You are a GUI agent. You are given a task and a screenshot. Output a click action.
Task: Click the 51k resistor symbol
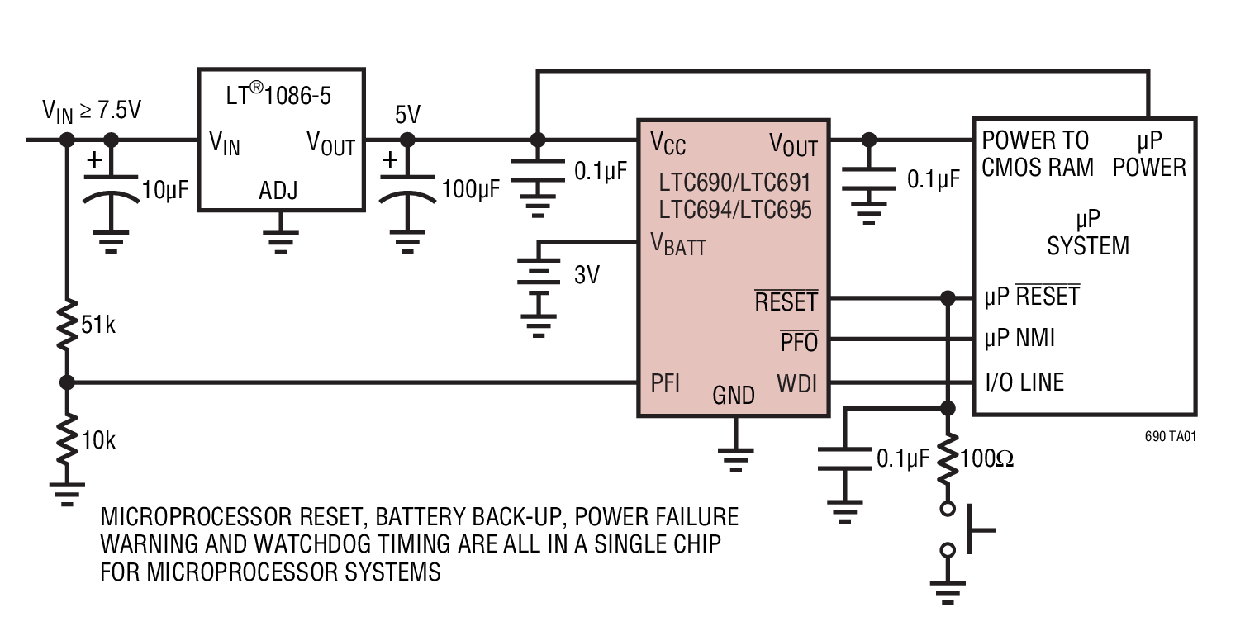click(x=67, y=325)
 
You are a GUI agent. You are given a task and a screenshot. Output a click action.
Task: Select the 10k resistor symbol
click(x=67, y=440)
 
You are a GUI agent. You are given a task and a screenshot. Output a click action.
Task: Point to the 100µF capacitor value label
click(x=471, y=189)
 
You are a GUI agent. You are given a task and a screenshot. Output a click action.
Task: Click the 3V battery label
click(x=587, y=275)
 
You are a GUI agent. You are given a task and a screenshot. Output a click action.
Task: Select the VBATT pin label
click(x=677, y=244)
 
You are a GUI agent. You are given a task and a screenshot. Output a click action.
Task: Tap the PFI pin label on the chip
click(x=666, y=383)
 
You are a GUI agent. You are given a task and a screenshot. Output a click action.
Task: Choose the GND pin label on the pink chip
click(x=734, y=396)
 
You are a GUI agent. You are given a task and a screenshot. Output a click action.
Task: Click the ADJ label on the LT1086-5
click(x=278, y=192)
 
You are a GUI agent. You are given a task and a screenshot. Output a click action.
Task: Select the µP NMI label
click(x=1019, y=338)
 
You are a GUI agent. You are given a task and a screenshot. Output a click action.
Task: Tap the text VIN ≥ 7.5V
click(x=92, y=112)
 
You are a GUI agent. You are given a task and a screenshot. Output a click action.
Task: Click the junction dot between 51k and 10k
click(x=67, y=382)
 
